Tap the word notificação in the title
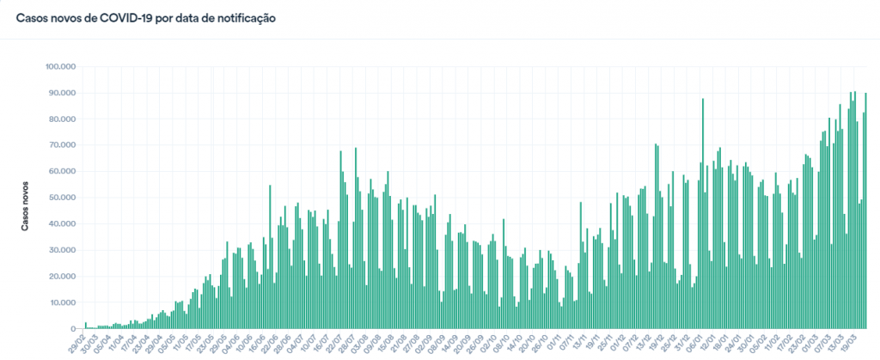[243, 17]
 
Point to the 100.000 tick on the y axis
[63, 66]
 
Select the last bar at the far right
[865, 211]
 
